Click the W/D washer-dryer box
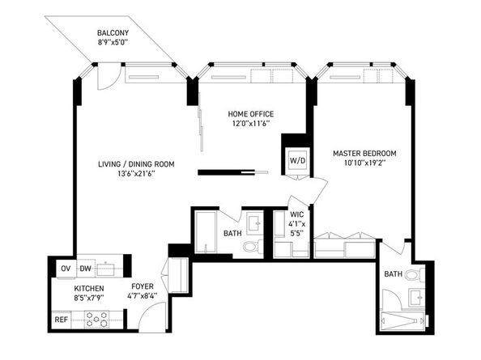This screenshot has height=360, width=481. (297, 160)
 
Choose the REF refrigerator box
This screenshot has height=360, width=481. (62, 320)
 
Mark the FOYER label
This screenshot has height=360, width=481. (143, 286)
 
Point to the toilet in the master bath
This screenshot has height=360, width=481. (413, 276)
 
